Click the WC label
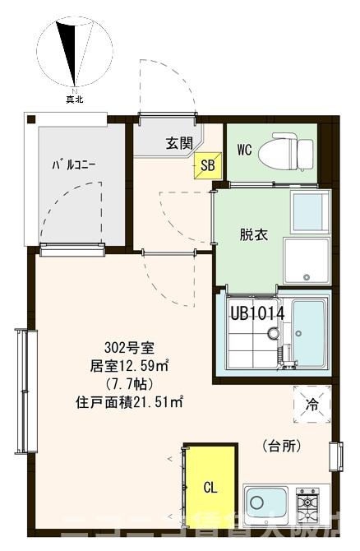(x=244, y=150)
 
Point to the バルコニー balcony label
(x=75, y=164)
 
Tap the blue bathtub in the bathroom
(x=308, y=334)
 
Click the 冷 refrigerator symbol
(x=312, y=405)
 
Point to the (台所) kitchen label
(x=282, y=447)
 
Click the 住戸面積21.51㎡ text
(x=129, y=403)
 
